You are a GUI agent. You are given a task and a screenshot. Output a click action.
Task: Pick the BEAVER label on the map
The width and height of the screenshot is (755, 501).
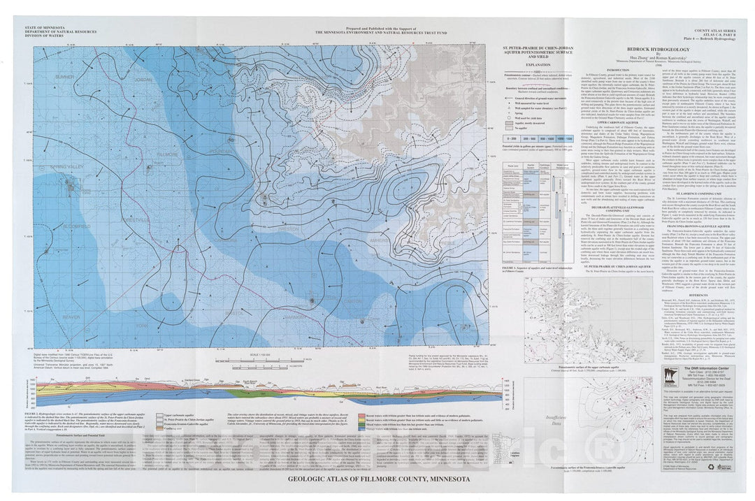71,316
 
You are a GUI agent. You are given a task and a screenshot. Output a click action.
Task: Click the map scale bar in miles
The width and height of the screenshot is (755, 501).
266,359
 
